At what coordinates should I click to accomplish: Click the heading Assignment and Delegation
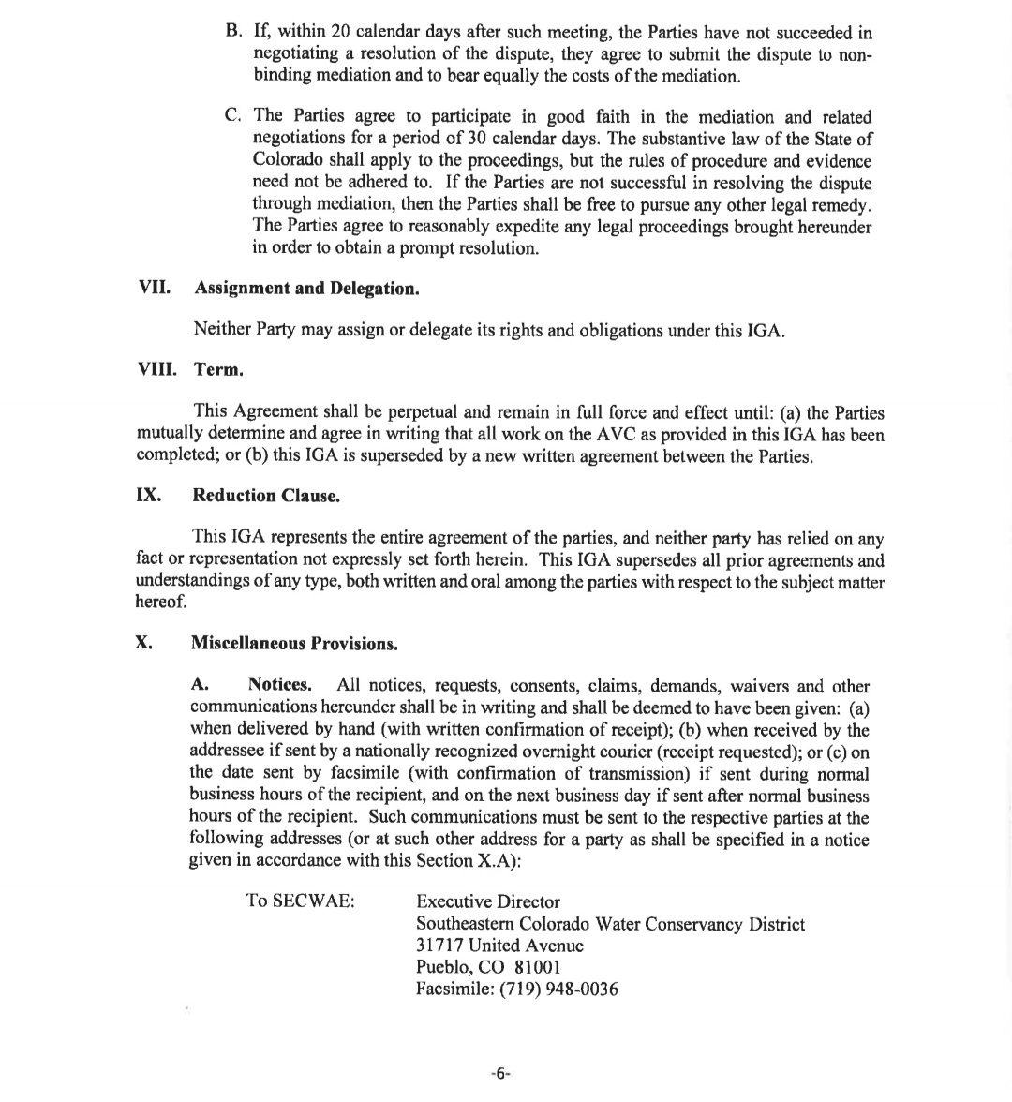point(306,288)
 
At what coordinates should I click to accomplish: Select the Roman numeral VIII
point(156,369)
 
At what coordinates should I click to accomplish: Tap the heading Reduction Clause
point(266,496)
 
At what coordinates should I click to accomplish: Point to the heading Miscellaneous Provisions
point(294,644)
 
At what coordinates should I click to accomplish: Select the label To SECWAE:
point(300,901)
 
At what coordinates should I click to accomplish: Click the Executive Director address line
point(487,901)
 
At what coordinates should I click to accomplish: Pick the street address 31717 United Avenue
point(499,946)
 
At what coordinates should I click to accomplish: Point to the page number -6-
point(500,1074)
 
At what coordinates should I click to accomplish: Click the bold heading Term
point(218,369)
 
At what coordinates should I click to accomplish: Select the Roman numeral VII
point(155,288)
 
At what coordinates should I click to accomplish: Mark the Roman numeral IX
point(148,495)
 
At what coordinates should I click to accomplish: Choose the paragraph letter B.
point(233,32)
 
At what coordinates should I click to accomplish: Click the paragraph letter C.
point(233,116)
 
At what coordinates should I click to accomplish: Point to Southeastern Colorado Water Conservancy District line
point(610,924)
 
